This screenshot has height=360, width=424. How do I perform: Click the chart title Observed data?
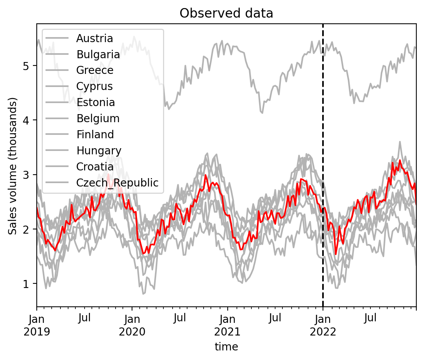(x=226, y=13)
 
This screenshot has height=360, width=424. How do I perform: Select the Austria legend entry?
(x=95, y=38)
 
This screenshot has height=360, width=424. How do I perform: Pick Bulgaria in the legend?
(x=98, y=54)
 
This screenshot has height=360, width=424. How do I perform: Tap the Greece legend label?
(x=95, y=70)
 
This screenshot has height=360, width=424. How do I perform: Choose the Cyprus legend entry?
(x=95, y=87)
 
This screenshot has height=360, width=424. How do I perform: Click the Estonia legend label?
(x=96, y=103)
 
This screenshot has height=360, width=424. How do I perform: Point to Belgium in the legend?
(x=98, y=119)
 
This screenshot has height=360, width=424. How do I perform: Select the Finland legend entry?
(x=95, y=135)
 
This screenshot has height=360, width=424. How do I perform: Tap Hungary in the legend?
(x=99, y=151)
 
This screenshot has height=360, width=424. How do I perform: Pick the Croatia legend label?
(x=95, y=167)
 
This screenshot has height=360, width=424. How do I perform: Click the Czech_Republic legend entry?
(x=117, y=183)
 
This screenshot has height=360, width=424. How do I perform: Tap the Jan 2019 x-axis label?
(x=37, y=325)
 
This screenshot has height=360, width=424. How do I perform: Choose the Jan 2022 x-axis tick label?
(x=323, y=325)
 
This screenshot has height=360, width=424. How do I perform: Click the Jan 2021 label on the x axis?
(x=228, y=325)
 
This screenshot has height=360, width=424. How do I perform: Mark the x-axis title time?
(x=226, y=347)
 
